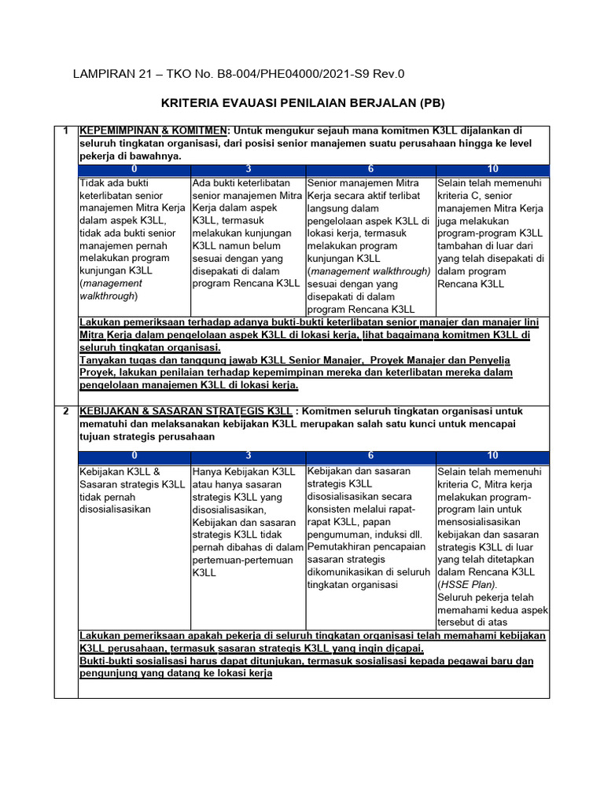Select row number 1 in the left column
(x=66, y=130)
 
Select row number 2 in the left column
(x=66, y=411)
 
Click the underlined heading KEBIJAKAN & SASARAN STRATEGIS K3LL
(x=186, y=411)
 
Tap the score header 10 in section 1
(x=492, y=169)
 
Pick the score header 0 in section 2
(x=134, y=456)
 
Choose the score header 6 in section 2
(x=370, y=456)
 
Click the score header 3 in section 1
(x=248, y=169)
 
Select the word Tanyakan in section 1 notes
(x=105, y=360)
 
